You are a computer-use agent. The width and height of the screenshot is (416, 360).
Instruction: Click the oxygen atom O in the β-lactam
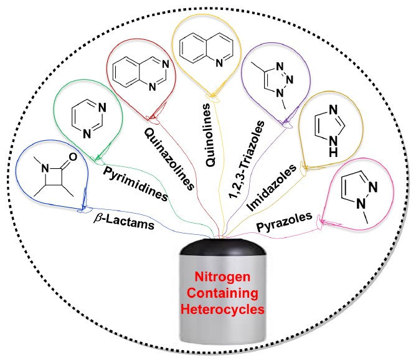(75, 158)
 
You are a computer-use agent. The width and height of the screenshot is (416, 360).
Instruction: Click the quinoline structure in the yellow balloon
(209, 50)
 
